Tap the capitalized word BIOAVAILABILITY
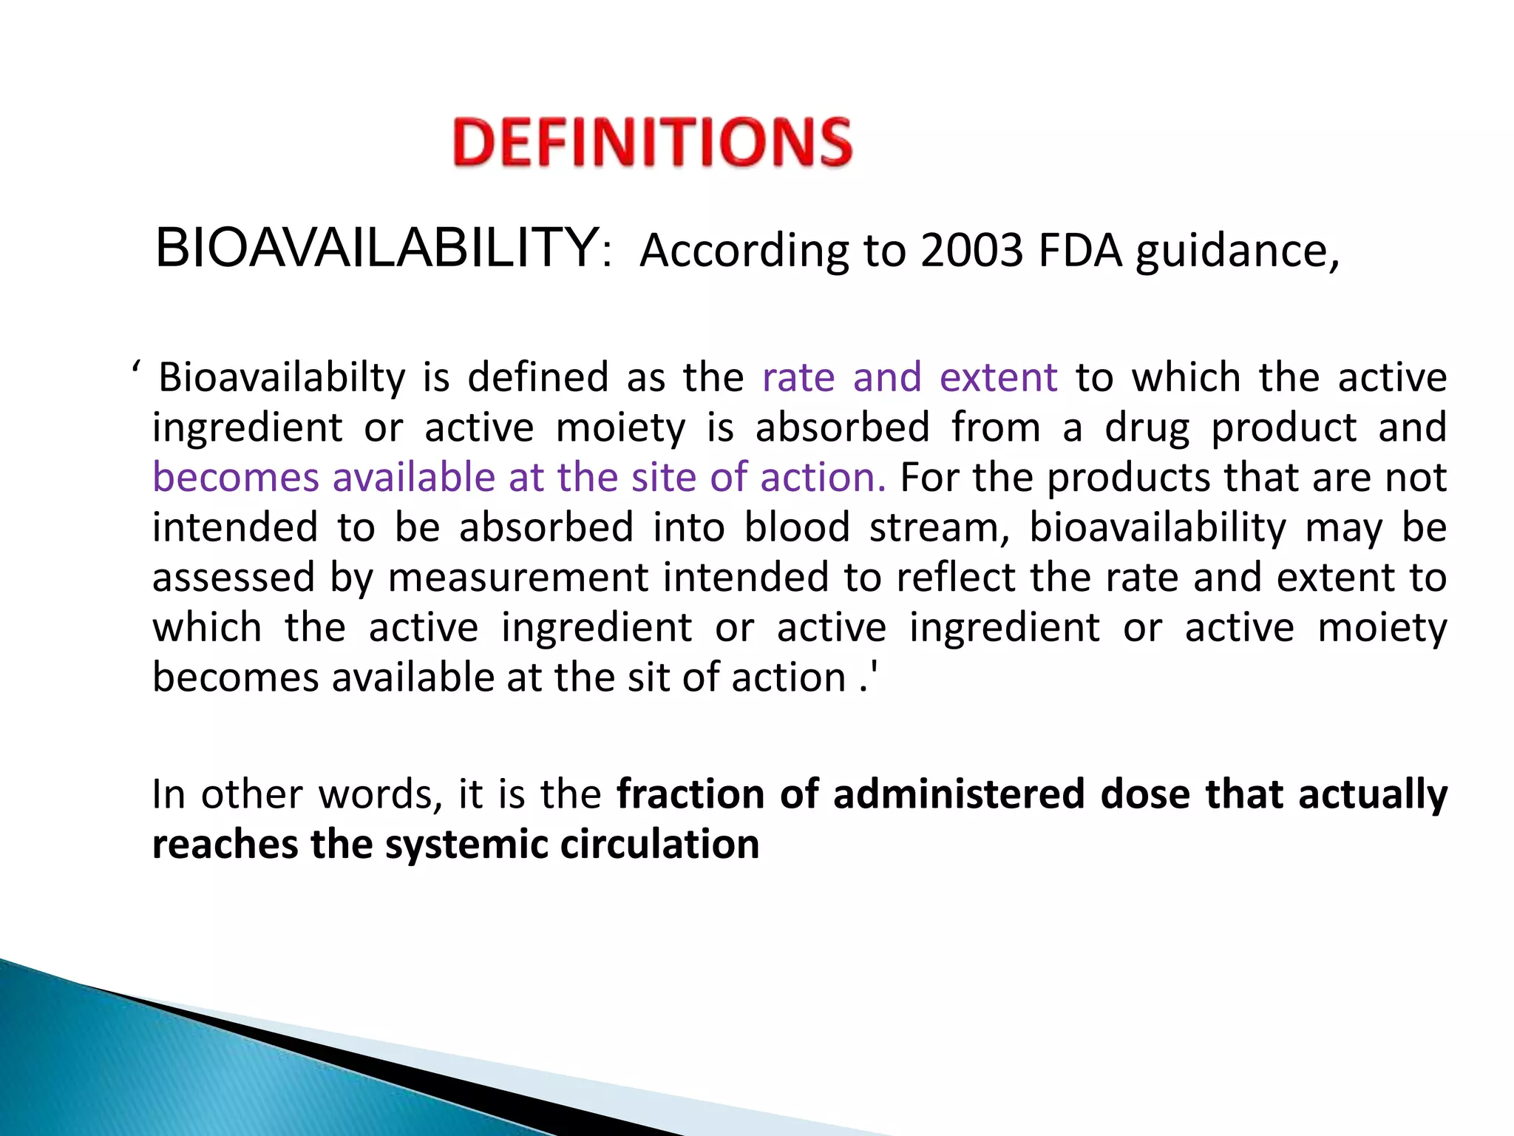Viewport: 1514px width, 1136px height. pos(377,248)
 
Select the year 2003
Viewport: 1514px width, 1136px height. pos(971,251)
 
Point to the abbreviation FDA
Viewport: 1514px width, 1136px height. pos(1081,251)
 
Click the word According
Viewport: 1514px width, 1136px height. pos(744,252)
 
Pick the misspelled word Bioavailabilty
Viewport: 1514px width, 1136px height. pos(282,377)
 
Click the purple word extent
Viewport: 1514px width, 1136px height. pos(998,377)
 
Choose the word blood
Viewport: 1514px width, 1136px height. pos(797,527)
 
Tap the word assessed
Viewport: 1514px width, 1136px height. pos(234,578)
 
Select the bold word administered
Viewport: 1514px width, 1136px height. pos(959,794)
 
